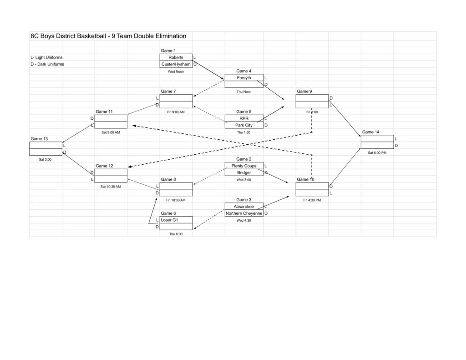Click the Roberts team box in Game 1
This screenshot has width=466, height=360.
176,57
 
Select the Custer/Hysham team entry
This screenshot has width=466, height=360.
176,64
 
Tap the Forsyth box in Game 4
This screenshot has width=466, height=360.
244,77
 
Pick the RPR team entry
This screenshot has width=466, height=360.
244,118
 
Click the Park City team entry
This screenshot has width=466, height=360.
244,125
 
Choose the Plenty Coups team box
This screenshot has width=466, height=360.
244,166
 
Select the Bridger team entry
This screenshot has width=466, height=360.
244,172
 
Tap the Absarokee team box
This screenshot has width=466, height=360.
244,206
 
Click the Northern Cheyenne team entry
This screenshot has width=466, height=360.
244,213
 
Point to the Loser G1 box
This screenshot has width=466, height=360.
176,220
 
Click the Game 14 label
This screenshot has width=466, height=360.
370,132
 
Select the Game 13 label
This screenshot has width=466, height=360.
39,139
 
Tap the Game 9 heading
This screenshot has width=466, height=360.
304,91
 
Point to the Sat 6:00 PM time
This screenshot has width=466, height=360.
377,153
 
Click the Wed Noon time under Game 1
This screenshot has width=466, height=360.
176,71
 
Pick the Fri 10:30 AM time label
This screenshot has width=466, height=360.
176,200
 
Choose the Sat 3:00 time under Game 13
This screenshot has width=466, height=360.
45,160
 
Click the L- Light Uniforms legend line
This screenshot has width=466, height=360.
47,57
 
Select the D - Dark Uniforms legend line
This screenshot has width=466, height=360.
47,64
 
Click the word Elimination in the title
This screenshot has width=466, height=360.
171,36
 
